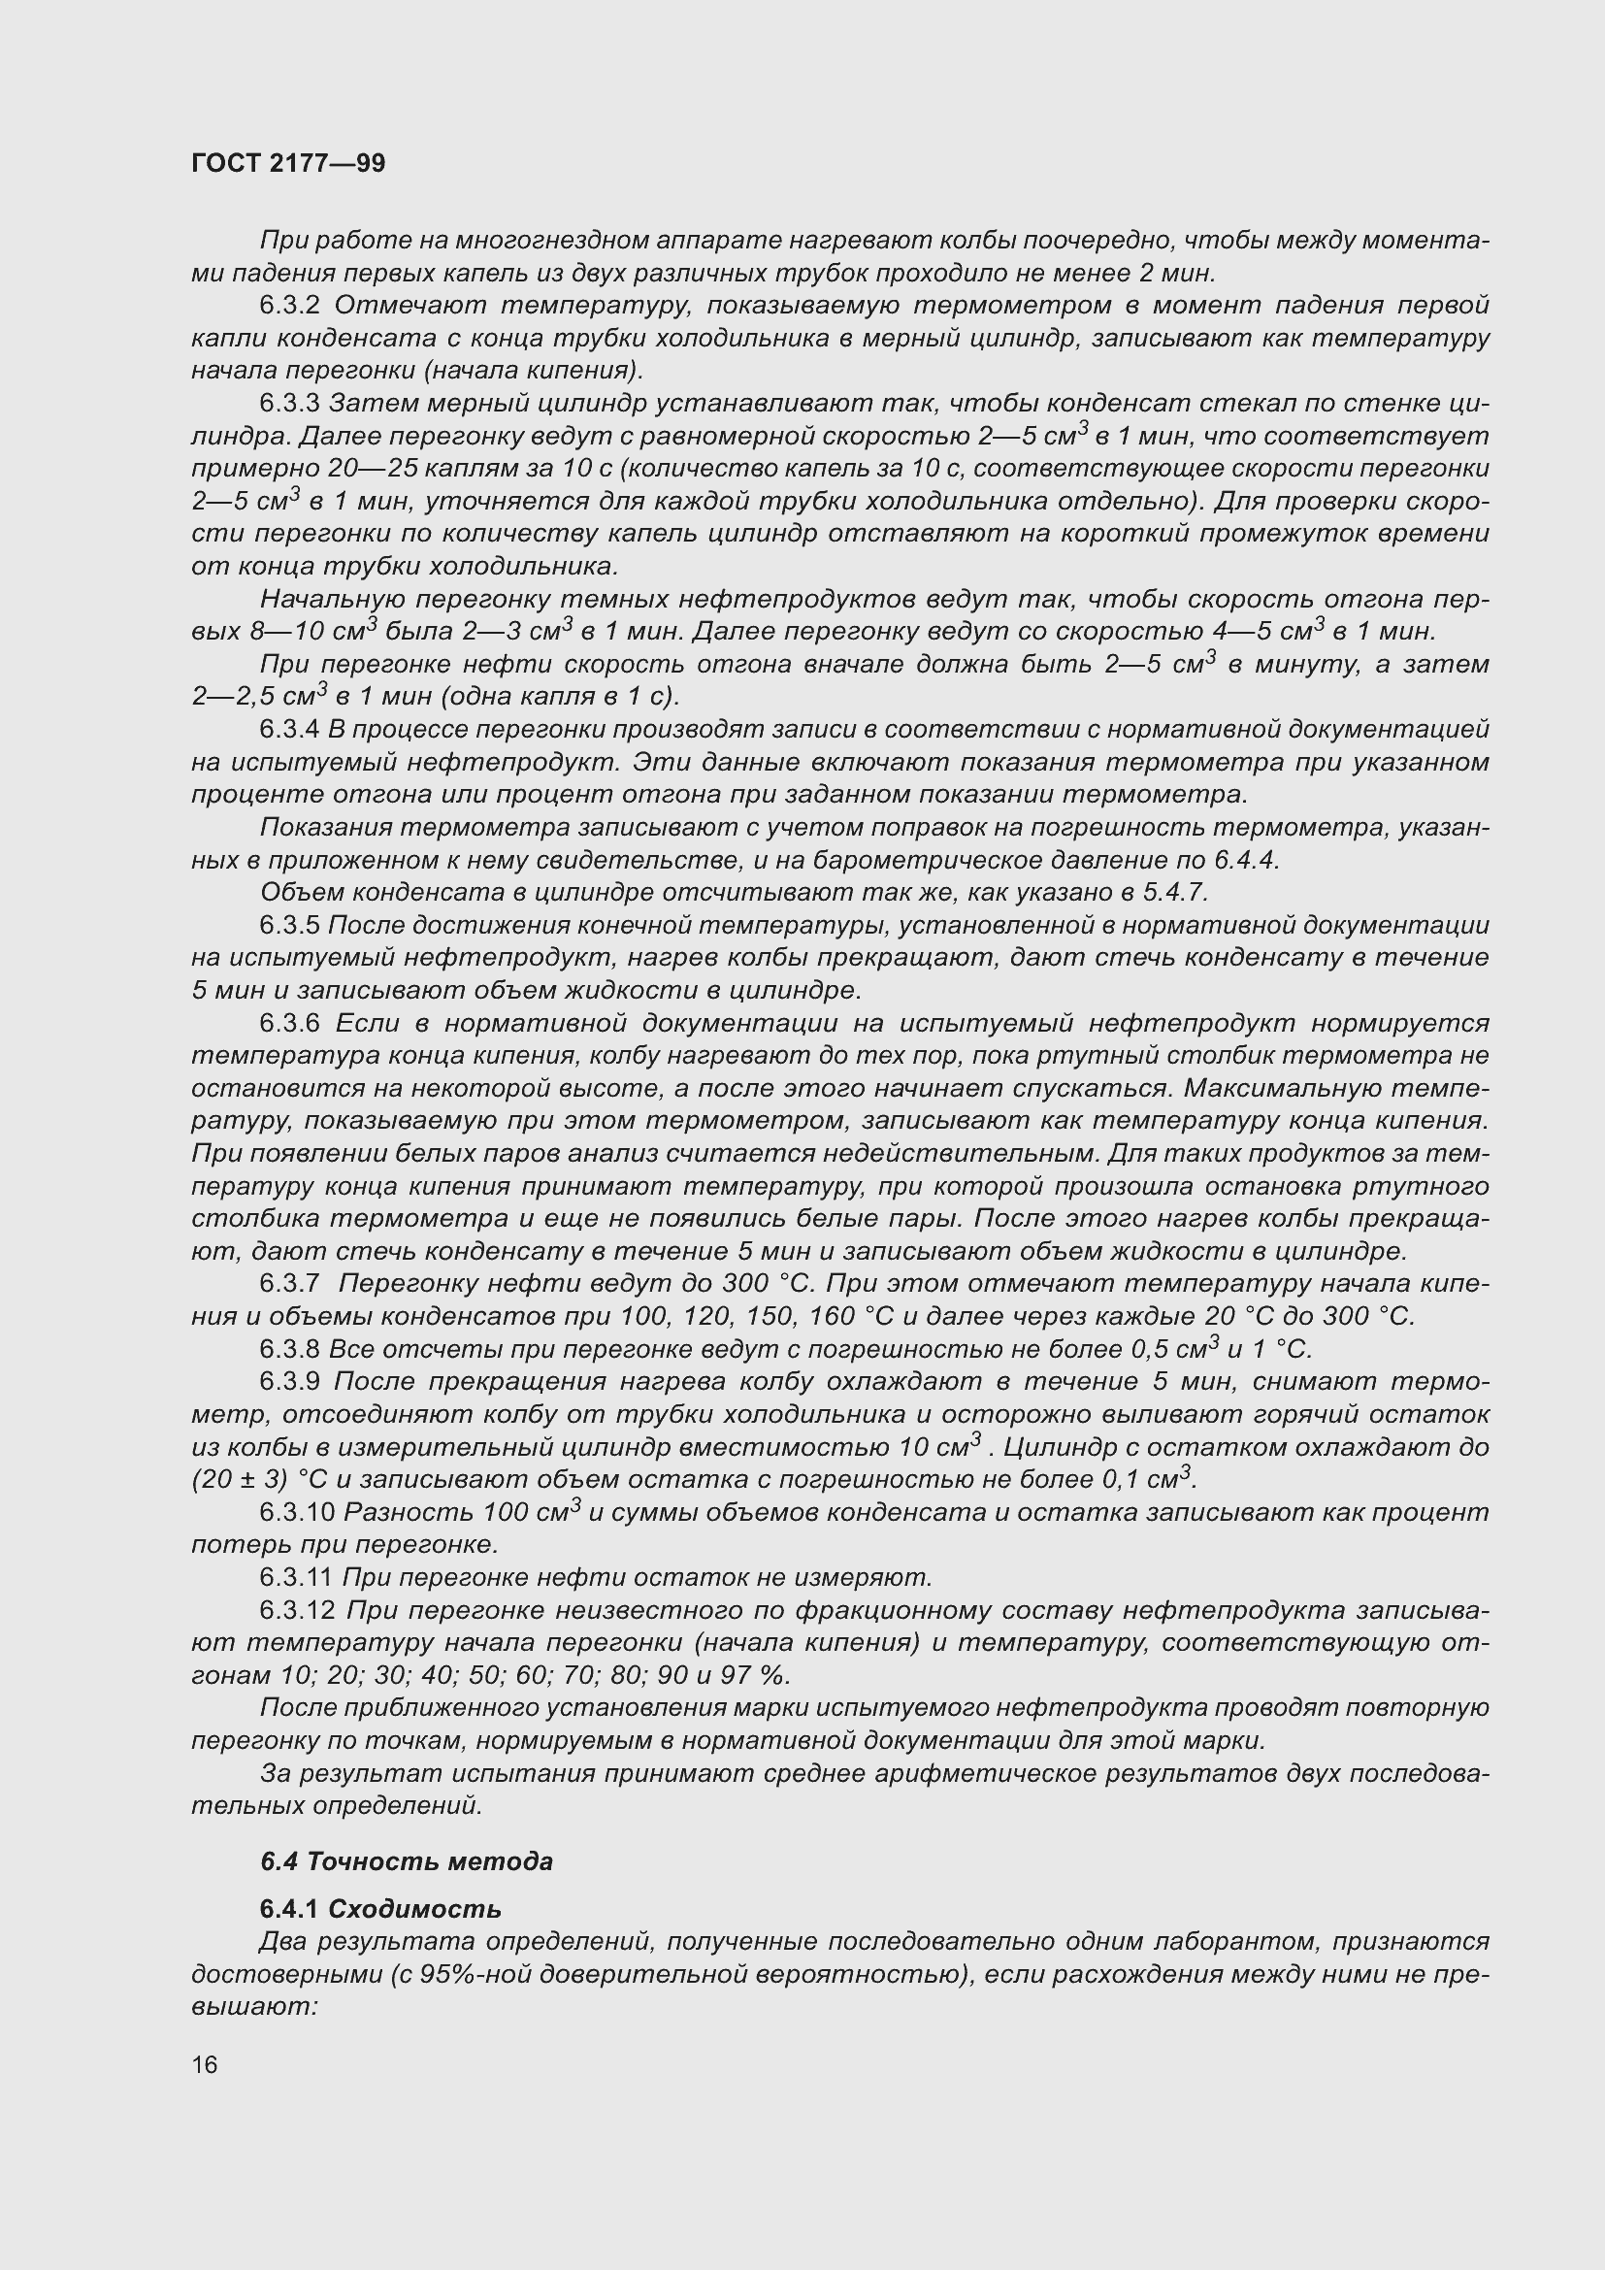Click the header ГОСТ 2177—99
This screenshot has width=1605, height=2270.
[x=287, y=163]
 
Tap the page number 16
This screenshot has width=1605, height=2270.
[x=205, y=2064]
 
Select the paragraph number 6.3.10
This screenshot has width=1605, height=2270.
[x=297, y=1513]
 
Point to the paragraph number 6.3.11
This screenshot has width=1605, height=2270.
[x=297, y=1578]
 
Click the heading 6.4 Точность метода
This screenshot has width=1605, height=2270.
[x=407, y=1861]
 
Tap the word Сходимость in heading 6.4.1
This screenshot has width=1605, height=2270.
[x=414, y=1909]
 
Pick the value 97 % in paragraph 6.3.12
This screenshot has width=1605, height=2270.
[x=760, y=1676]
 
